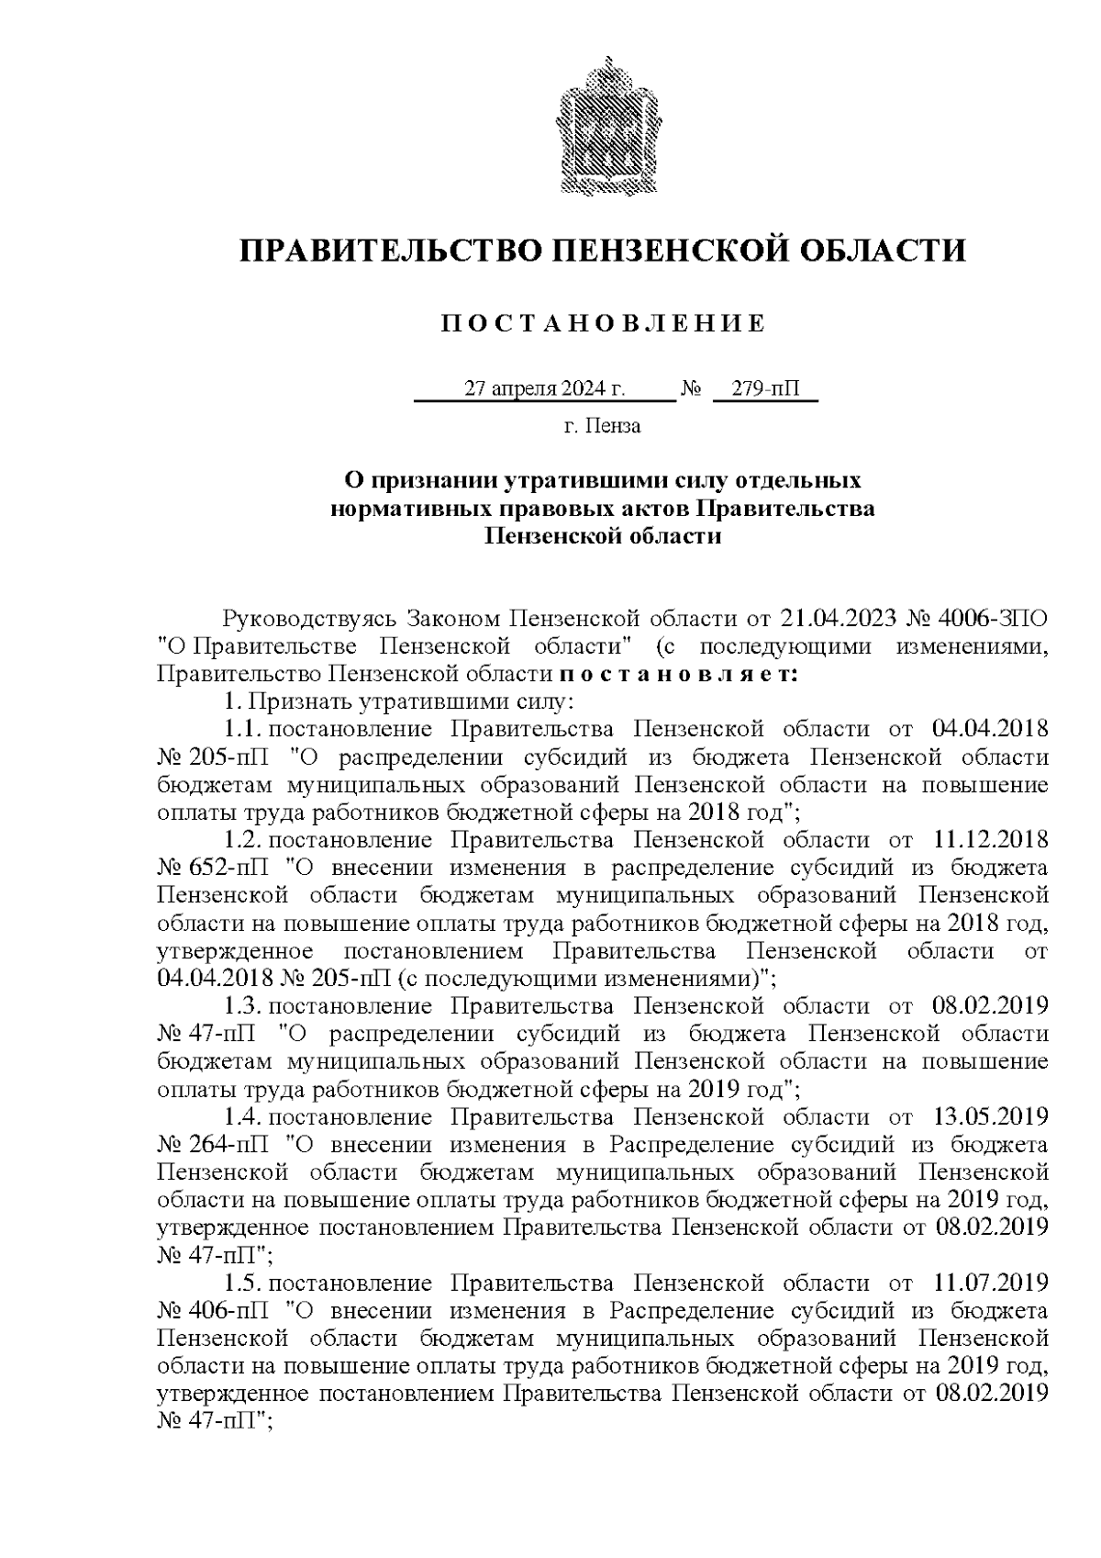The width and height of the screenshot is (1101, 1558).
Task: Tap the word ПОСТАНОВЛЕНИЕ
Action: [x=603, y=323]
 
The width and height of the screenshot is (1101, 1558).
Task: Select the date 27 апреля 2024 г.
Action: [x=545, y=389]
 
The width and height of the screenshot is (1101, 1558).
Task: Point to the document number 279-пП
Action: [x=765, y=389]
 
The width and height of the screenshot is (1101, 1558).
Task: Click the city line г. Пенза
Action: [x=602, y=426]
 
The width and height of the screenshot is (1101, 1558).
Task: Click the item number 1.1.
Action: [x=243, y=730]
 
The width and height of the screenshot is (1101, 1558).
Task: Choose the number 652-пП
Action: [x=218, y=868]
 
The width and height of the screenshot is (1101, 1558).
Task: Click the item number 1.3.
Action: [x=243, y=1006]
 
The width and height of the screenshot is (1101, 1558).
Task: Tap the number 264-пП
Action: [x=218, y=1145]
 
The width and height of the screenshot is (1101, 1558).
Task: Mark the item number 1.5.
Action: [x=243, y=1283]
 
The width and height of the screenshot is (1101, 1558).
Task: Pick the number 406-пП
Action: [x=218, y=1310]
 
